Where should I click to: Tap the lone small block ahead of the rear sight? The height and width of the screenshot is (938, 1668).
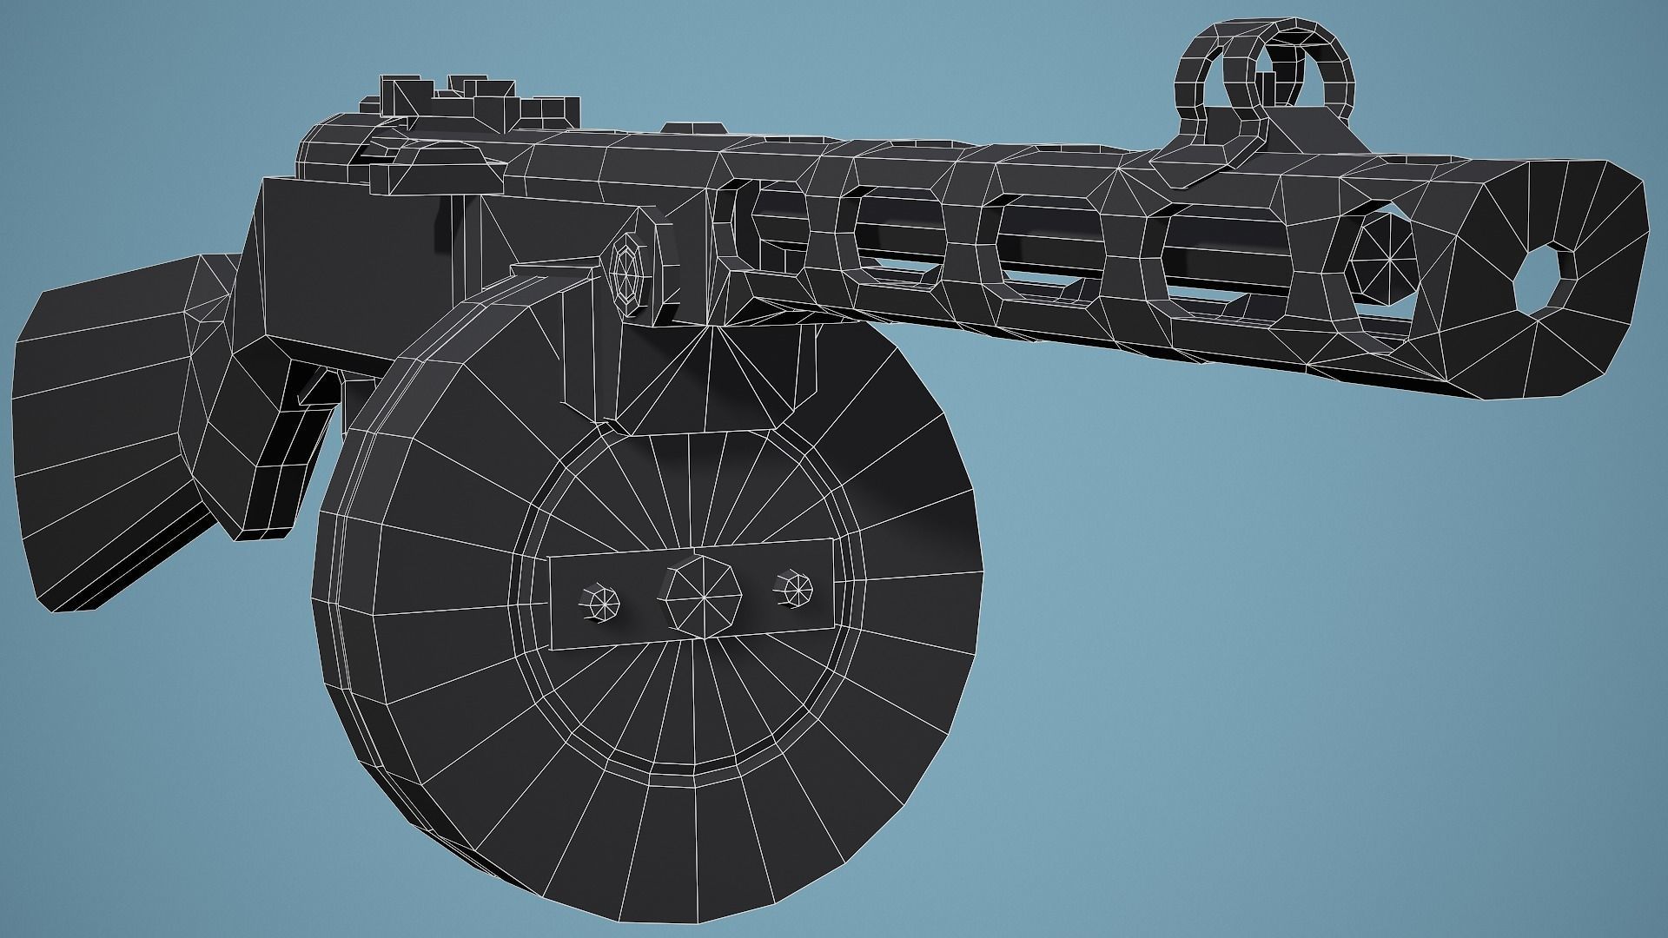681,128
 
